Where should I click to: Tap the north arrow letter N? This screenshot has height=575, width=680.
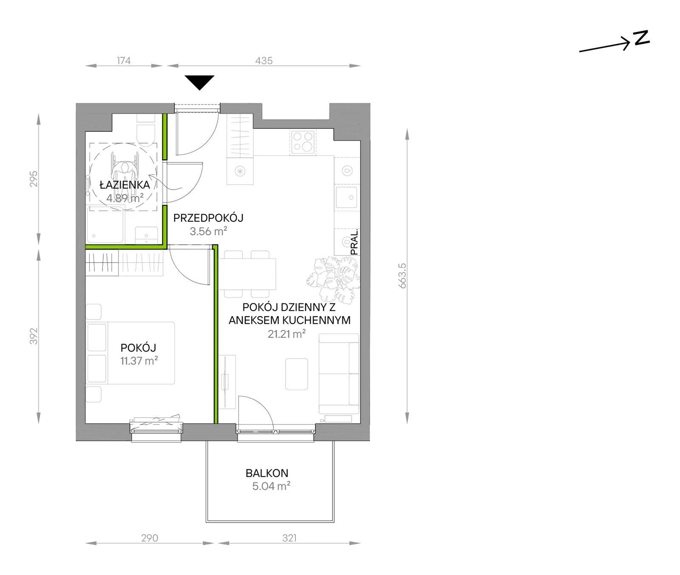641,37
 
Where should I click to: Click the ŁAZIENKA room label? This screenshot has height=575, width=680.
125,185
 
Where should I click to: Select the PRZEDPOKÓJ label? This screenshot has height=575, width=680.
208,218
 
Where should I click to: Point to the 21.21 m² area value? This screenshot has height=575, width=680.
286,334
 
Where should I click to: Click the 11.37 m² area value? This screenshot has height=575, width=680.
139,361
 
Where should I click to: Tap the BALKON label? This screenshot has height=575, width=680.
267,473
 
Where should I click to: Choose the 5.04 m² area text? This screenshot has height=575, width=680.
271,486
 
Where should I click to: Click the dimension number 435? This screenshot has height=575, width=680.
264,61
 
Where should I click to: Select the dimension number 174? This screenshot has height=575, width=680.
124,61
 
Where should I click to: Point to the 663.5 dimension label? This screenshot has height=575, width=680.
402,276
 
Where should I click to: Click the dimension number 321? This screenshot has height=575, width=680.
289,538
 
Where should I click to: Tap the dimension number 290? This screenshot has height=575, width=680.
150,538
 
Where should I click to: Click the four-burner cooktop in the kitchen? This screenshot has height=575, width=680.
303,142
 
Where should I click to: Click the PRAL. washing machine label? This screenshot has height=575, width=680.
354,242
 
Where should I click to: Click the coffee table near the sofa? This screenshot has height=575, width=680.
297,374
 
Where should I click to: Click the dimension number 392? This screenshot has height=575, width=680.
34,336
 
